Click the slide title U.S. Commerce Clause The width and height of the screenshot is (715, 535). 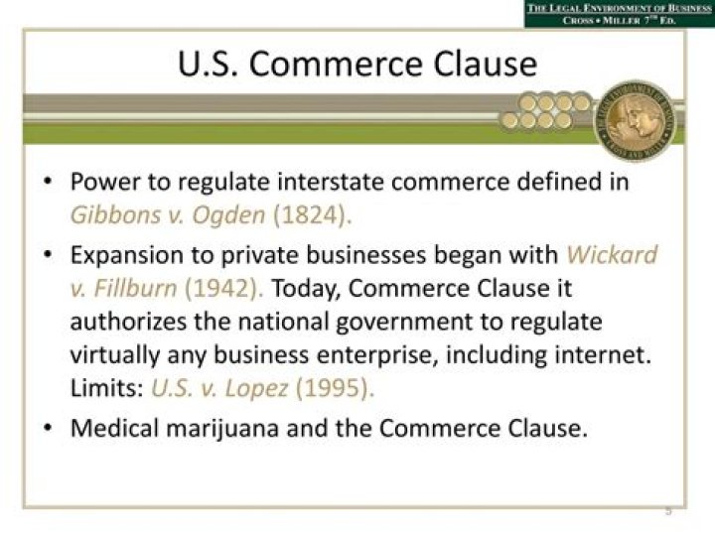point(357,66)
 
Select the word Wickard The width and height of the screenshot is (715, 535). point(612,254)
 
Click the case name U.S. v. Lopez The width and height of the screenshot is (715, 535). point(216,388)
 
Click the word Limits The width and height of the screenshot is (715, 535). point(105,388)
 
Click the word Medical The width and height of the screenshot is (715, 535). point(110,429)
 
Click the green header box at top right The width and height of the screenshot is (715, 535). point(619,14)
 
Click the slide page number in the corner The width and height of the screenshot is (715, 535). point(668,510)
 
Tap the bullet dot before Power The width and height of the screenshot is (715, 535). point(49,183)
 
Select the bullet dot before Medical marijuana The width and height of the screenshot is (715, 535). point(49,429)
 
